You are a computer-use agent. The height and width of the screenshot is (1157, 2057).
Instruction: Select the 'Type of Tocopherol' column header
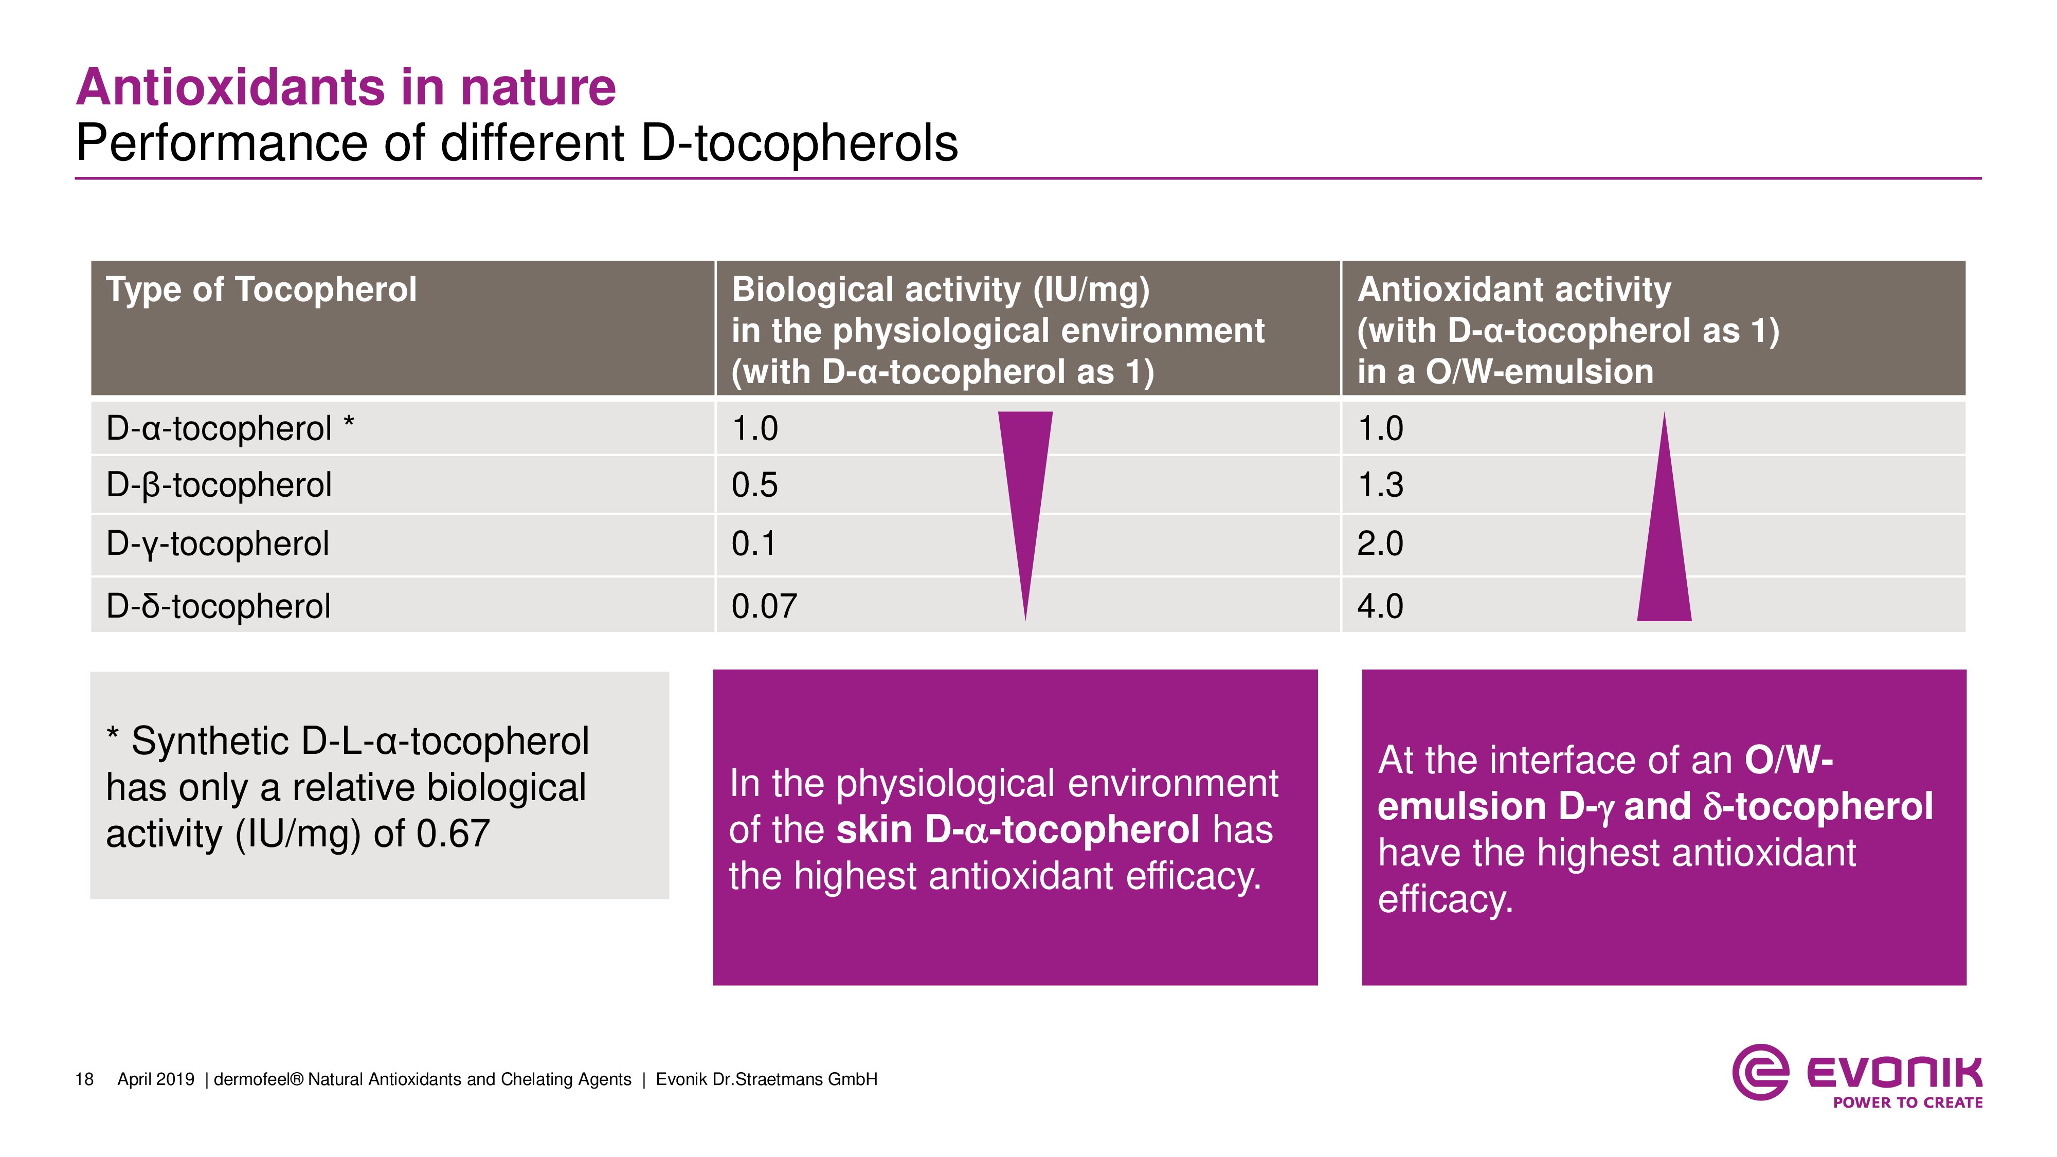261,289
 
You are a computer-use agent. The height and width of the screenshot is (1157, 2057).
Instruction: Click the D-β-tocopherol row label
219,485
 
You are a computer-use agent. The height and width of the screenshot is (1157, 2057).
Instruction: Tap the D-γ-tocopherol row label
217,544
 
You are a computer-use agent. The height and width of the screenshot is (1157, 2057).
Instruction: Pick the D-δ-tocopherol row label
218,606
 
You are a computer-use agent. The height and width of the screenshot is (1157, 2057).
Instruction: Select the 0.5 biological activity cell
754,485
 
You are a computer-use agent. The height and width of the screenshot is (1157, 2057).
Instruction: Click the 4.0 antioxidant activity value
1380,606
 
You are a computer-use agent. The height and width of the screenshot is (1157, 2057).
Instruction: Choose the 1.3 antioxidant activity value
1380,485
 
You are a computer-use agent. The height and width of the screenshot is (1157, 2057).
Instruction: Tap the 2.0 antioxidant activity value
1380,544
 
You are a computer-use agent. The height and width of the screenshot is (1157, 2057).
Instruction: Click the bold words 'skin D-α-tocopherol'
1017,829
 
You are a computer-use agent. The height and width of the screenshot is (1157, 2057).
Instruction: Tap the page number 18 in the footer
84,1079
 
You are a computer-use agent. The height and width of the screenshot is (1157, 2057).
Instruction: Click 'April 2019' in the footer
156,1079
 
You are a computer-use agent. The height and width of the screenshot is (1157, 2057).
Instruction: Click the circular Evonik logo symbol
1760,1072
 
